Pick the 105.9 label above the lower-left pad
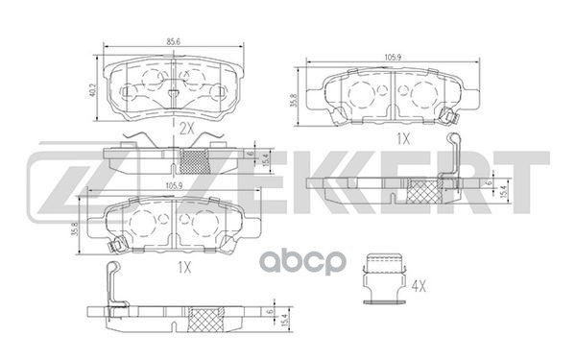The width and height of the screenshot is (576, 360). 174,187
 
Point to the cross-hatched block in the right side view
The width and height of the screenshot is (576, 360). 421,192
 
